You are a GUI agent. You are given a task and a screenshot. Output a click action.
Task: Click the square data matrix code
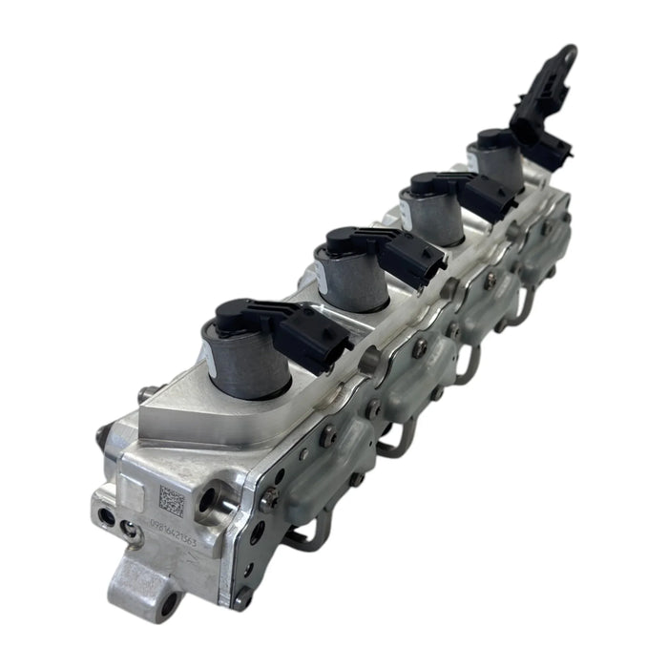coord(171,500)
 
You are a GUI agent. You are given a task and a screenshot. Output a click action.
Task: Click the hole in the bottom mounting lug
coord(169,604)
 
